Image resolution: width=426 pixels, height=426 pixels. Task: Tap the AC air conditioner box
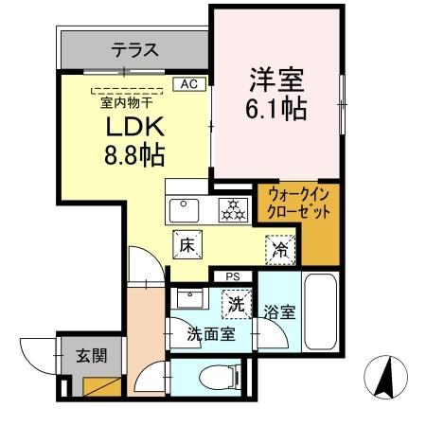(188, 83)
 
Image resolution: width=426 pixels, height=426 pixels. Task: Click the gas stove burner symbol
(231, 210)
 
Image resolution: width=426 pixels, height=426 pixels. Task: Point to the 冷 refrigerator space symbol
(281, 249)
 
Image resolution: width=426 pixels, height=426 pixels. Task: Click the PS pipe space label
(231, 276)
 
